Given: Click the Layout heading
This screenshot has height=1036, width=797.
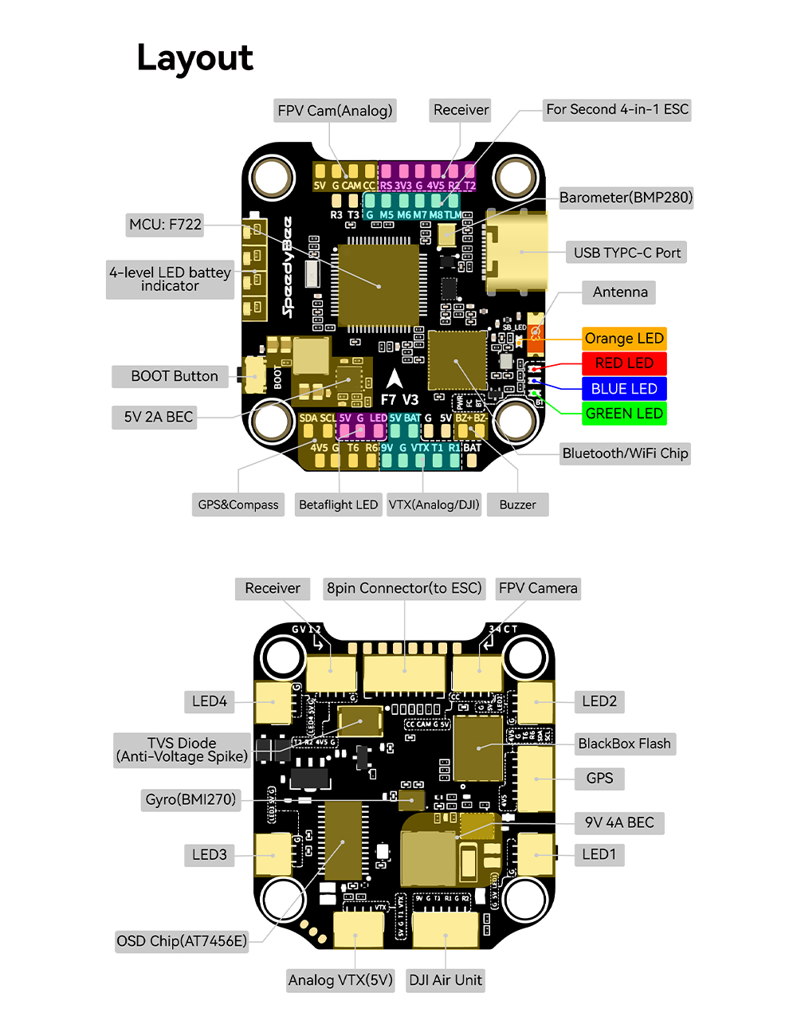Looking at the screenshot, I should click(195, 58).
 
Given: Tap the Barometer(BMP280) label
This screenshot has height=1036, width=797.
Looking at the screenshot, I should click(626, 198).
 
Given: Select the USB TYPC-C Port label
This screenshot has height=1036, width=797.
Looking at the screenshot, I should click(626, 253).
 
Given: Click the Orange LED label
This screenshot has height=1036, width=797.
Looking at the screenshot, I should click(624, 339).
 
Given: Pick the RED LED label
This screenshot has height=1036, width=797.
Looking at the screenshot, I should click(624, 363).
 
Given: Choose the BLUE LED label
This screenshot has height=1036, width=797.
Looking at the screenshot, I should click(624, 389).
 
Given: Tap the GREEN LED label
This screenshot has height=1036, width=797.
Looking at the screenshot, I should click(624, 414).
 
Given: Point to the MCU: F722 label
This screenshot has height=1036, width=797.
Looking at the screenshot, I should click(165, 225).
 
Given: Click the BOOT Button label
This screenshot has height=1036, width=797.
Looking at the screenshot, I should click(174, 376).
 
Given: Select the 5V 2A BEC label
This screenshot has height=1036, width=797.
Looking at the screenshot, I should click(158, 417).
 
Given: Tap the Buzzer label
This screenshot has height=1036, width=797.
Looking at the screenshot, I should click(517, 504).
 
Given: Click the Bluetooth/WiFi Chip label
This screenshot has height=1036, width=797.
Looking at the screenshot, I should click(625, 453).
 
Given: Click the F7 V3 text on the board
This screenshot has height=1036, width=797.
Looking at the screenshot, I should click(399, 400).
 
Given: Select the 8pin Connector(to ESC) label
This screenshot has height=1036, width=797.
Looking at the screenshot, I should click(404, 588).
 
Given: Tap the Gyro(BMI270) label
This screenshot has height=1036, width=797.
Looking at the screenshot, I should click(190, 799).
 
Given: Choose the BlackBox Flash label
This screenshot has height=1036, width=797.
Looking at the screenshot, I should click(624, 744).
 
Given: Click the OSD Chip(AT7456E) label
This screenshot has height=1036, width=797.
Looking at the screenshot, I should click(182, 941).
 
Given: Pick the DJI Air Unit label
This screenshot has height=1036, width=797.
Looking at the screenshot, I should click(446, 980).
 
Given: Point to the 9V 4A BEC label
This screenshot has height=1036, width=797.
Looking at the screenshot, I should click(619, 822).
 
